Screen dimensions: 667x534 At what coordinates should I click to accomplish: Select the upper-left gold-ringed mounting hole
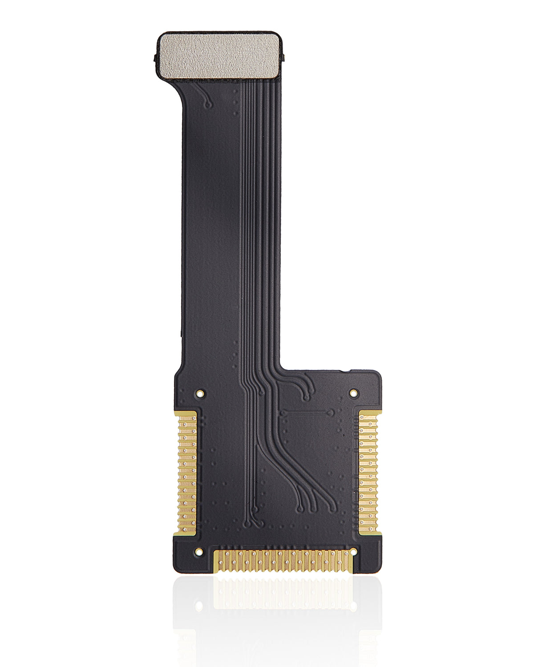pyautogui.click(x=200, y=393)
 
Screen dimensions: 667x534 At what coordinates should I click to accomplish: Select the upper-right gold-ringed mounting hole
pyautogui.click(x=353, y=393)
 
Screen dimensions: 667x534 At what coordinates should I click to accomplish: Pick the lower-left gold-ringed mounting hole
pyautogui.click(x=199, y=552)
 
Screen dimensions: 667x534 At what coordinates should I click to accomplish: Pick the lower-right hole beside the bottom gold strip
pyautogui.click(x=354, y=552)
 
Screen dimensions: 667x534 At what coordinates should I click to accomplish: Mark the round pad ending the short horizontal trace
pyautogui.click(x=331, y=413)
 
